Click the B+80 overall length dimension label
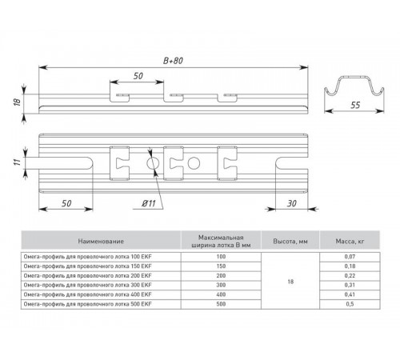point(173,61)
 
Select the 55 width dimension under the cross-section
point(355,106)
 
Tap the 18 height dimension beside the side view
point(17,102)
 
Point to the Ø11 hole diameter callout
point(149,204)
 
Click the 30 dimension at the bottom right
point(291,204)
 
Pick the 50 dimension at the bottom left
point(66,204)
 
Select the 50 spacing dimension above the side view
point(138,76)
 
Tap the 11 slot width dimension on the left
point(17,162)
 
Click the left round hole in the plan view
point(153,163)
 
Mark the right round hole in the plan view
point(194,163)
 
